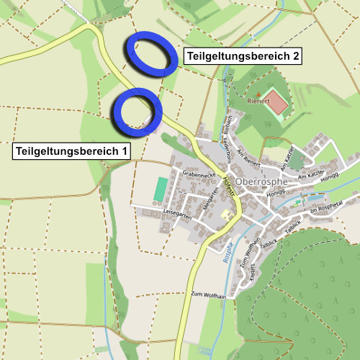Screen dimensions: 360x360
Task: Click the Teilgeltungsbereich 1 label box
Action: (x=72, y=151)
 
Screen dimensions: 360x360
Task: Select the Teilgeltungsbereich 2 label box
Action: (x=243, y=55)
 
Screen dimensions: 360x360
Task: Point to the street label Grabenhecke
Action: (x=199, y=174)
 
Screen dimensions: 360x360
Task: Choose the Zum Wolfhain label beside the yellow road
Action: (x=209, y=294)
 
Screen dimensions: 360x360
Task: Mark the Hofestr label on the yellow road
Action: (x=230, y=185)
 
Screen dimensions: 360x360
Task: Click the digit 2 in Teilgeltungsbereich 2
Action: (x=295, y=55)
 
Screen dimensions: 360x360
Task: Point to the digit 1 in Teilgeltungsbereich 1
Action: (x=125, y=151)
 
